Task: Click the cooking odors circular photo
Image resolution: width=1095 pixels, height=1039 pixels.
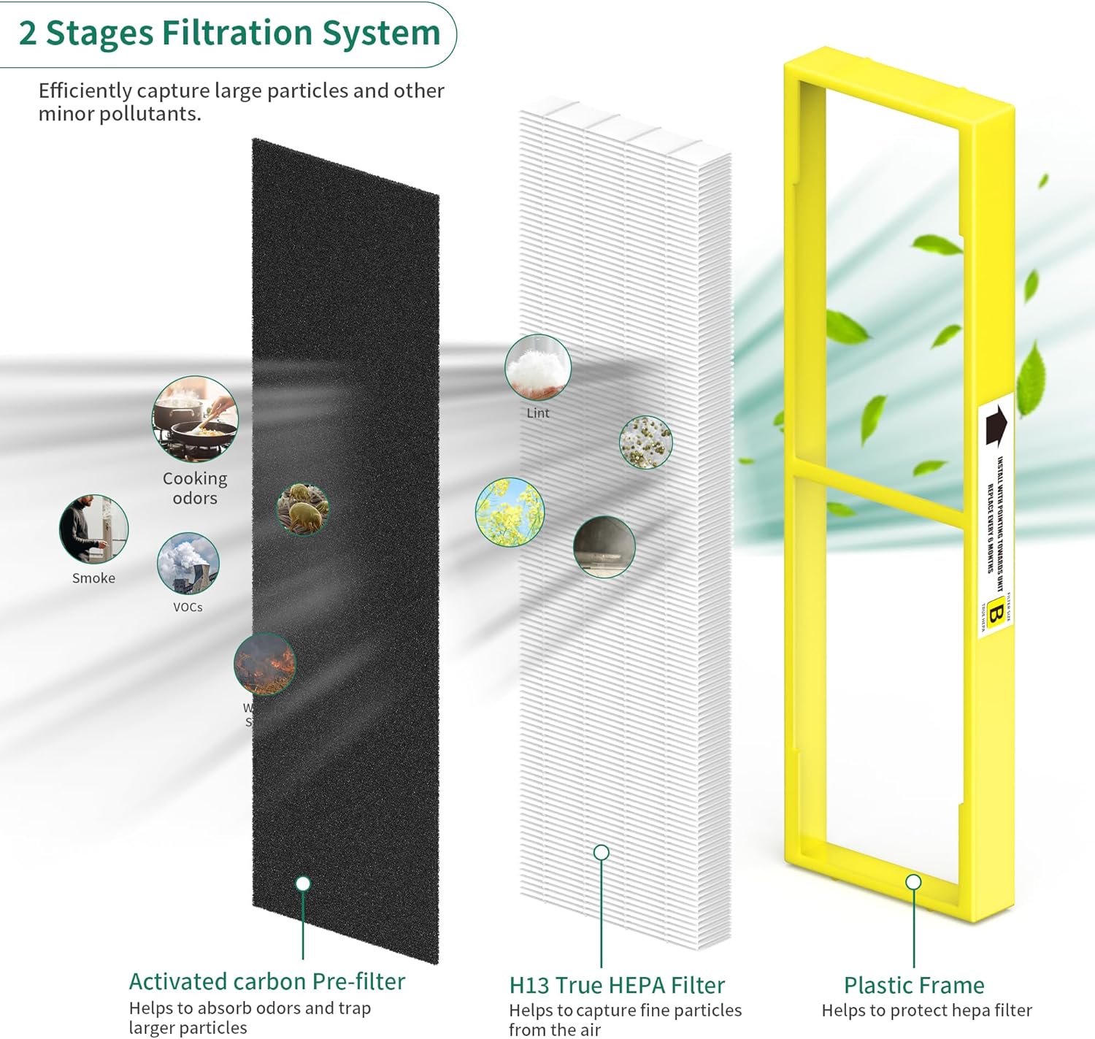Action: click(x=195, y=419)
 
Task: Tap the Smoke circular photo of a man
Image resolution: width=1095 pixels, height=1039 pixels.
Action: click(x=93, y=529)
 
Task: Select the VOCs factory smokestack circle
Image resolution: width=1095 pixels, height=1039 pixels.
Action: click(x=188, y=563)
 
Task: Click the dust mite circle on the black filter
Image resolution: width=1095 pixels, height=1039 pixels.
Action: click(x=303, y=508)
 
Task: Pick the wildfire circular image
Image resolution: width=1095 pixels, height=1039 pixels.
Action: click(x=265, y=664)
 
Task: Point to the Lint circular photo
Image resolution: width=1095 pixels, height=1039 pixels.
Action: click(x=538, y=367)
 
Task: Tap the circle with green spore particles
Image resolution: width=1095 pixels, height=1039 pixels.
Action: click(x=645, y=442)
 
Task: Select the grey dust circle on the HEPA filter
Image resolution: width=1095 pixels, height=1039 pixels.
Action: click(x=604, y=546)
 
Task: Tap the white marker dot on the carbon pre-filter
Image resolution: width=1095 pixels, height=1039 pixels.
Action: click(x=303, y=883)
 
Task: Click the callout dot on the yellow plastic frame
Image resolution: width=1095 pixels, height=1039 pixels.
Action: click(x=913, y=882)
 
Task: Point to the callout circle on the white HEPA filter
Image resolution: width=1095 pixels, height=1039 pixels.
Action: click(x=602, y=852)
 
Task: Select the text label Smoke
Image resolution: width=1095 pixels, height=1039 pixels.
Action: click(x=93, y=578)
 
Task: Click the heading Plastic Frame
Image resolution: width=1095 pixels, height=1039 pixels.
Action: click(x=914, y=985)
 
